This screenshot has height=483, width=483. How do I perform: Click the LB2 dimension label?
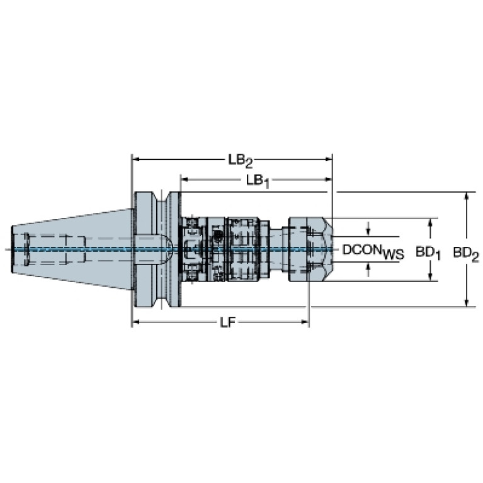coord(240,160)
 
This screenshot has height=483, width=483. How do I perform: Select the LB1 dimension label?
coord(258,181)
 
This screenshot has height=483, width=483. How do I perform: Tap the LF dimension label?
coord(227,323)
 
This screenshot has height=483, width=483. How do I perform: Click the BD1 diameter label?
coord(428,252)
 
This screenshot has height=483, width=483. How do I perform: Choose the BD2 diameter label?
coord(466,252)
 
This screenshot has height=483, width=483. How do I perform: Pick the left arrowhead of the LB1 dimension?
coord(184,180)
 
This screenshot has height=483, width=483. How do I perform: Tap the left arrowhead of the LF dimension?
coord(135,323)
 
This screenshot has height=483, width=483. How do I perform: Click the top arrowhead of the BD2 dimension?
coord(466,196)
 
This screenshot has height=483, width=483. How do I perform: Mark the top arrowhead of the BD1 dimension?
coord(431,222)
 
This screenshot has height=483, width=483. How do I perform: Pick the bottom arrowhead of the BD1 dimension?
coord(431,277)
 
